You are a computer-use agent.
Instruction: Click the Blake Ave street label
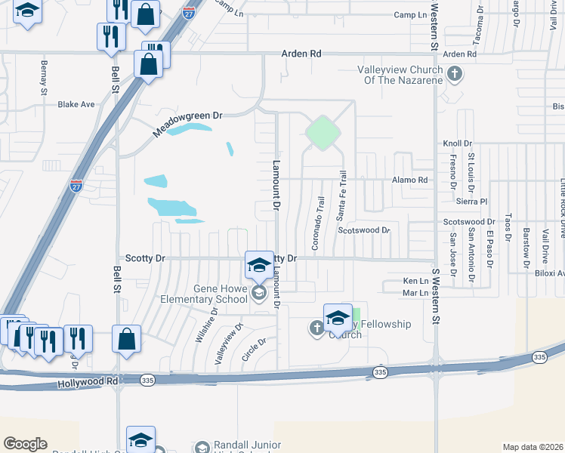76,104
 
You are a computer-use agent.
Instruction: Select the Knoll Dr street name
457,143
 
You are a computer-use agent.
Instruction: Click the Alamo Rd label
409,180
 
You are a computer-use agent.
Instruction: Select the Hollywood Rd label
88,384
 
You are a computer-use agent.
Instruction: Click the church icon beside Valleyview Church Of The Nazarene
454,74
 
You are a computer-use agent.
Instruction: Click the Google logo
25,444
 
